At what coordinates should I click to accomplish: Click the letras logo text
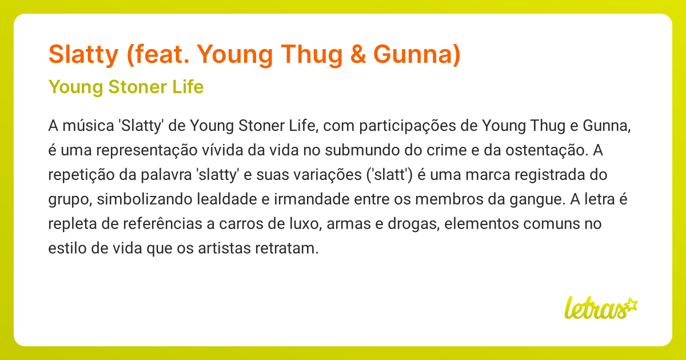click(593, 309)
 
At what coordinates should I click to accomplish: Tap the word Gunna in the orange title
click(417, 54)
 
